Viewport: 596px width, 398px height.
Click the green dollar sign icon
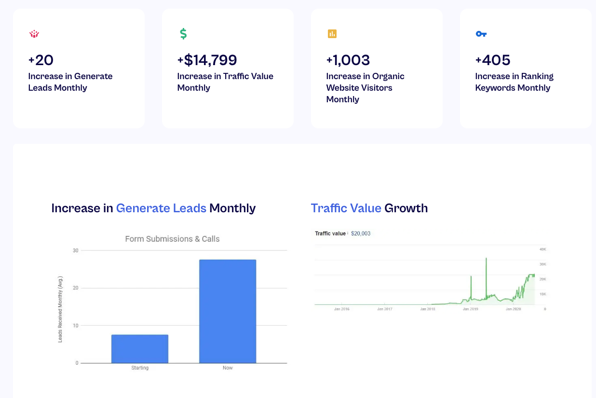tap(183, 34)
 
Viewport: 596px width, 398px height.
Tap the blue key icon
tap(481, 34)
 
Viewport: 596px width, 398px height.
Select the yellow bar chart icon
tap(332, 34)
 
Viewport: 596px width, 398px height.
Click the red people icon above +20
tap(34, 34)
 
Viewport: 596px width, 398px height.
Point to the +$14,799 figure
tap(207, 60)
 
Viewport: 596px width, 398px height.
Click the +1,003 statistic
tap(348, 60)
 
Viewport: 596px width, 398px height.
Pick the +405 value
tap(492, 60)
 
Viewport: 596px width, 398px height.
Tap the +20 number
tap(41, 60)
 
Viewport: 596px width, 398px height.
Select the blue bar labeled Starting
tap(140, 348)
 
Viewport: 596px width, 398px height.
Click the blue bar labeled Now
tap(228, 311)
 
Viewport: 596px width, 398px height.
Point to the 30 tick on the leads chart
tap(75, 250)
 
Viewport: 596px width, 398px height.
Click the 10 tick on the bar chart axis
tap(75, 326)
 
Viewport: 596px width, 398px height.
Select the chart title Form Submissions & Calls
tap(172, 239)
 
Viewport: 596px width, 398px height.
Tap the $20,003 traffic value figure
tap(361, 233)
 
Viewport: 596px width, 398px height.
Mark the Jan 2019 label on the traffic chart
tap(470, 309)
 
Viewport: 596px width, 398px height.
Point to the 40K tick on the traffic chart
tap(542, 249)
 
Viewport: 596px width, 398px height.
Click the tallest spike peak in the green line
tap(486, 259)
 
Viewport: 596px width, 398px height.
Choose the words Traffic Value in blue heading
tap(346, 208)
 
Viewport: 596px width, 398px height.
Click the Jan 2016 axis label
tap(341, 309)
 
